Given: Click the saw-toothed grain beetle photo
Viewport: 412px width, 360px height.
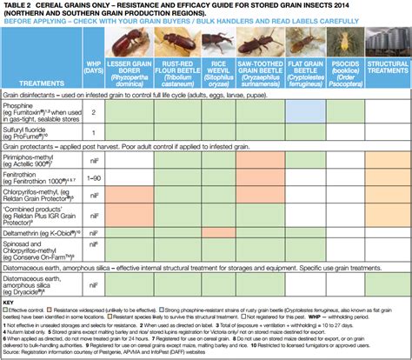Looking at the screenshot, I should pyautogui.click(x=256, y=48).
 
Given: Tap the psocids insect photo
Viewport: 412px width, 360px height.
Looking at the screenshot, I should pyautogui.click(x=342, y=48).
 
